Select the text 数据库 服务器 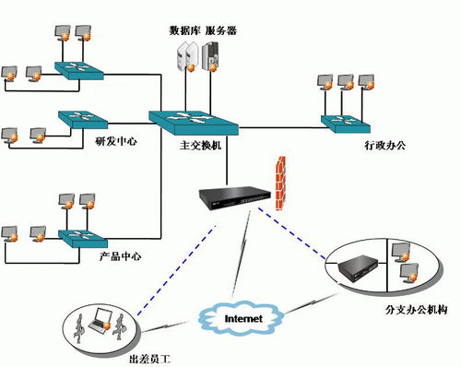pyautogui.click(x=202, y=30)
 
